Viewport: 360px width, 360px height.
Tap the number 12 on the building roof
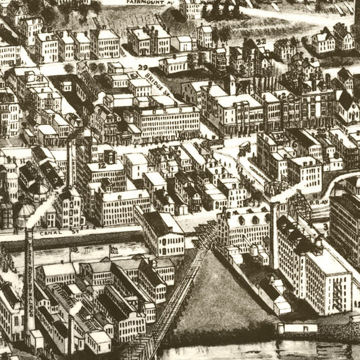click(x=102, y=164)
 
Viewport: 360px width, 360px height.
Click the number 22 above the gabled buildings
click(x=260, y=43)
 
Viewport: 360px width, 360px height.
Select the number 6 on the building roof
click(x=294, y=145)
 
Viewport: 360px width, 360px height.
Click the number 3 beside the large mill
click(x=325, y=227)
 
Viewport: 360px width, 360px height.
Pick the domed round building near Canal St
click(x=26, y=215)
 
